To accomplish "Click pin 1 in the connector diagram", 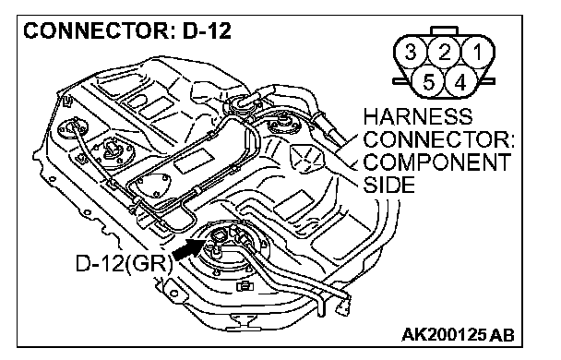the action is pyautogui.click(x=477, y=53).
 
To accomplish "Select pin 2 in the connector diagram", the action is pyautogui.click(x=444, y=53).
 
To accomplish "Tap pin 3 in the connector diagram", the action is pyautogui.click(x=411, y=53).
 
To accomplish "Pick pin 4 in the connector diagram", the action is pyautogui.click(x=460, y=82).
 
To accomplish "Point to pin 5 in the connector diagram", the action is pyautogui.click(x=428, y=82).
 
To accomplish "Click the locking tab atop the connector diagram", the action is pyautogui.click(x=445, y=30).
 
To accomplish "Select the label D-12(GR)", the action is pyautogui.click(x=124, y=264).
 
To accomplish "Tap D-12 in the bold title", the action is pyautogui.click(x=207, y=30).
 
